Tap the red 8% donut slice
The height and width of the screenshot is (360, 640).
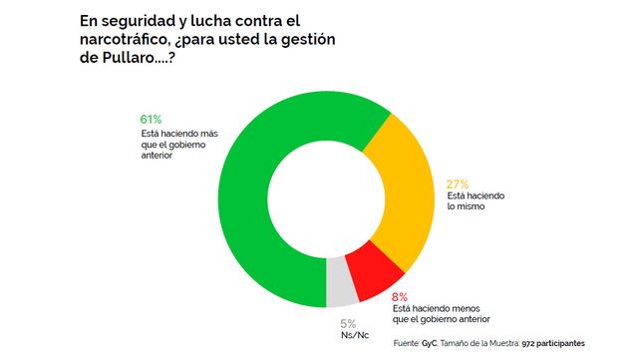click(376, 271)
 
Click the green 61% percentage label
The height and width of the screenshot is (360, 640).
click(151, 120)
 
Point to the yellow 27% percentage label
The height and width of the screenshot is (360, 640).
click(458, 184)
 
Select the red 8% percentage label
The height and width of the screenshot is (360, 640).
click(400, 297)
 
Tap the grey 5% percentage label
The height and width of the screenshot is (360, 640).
click(348, 324)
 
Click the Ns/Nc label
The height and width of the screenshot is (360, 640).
click(355, 335)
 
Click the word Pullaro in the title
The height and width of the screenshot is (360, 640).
click(128, 58)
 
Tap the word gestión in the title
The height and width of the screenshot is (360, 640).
click(308, 40)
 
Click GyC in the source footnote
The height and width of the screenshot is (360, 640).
click(430, 344)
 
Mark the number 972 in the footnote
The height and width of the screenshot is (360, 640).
click(527, 344)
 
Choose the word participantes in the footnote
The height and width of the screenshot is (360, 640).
click(560, 344)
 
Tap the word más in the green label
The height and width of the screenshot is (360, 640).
click(209, 134)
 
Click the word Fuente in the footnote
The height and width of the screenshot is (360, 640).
click(407, 344)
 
